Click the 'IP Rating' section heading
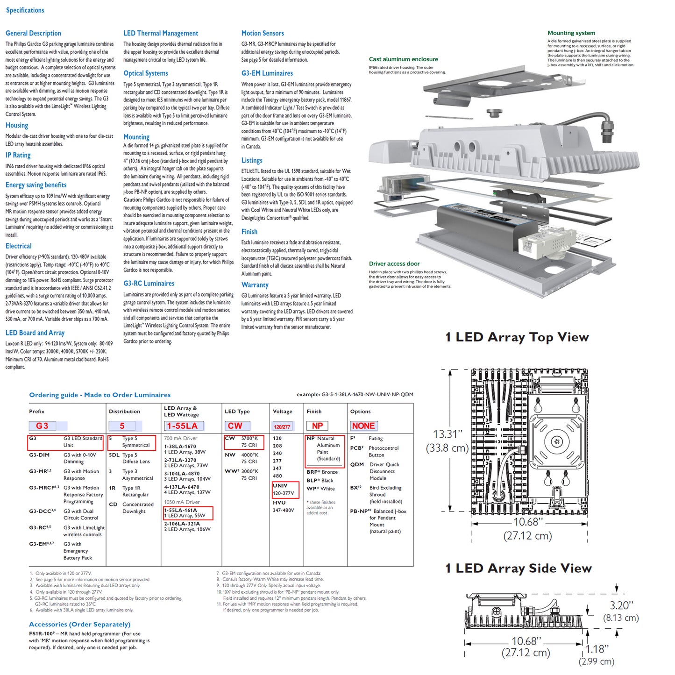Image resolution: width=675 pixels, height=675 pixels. pyautogui.click(x=18, y=155)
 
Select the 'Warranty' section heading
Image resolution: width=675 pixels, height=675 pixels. pyautogui.click(x=255, y=285)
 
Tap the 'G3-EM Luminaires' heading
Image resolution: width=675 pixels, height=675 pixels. pyautogui.click(x=267, y=73)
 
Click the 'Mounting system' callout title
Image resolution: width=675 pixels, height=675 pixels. pyautogui.click(x=571, y=33)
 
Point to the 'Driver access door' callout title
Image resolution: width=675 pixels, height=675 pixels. pyautogui.click(x=394, y=264)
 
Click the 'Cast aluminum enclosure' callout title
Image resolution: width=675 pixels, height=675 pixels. pyautogui.click(x=403, y=59)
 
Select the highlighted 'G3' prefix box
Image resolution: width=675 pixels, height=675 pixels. pyautogui.click(x=42, y=426)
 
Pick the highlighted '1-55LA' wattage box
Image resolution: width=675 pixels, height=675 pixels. pyautogui.click(x=183, y=426)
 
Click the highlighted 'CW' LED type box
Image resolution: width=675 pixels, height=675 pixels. pyautogui.click(x=235, y=426)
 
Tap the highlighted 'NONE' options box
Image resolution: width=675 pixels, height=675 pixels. pyautogui.click(x=363, y=426)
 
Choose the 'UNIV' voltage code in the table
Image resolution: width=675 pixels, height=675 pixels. pyautogui.click(x=280, y=486)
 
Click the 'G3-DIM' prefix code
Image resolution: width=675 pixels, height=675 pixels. pyautogui.click(x=39, y=455)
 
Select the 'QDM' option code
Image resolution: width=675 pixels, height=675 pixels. pyautogui.click(x=357, y=465)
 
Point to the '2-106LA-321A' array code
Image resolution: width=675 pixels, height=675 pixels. pyautogui.click(x=182, y=524)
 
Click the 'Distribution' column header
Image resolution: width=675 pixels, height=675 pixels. pyautogui.click(x=124, y=412)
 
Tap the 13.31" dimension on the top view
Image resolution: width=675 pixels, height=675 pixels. pyautogui.click(x=447, y=434)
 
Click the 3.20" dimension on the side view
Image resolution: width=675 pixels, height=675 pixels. pyautogui.click(x=621, y=606)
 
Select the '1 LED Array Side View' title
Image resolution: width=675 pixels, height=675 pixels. pyautogui.click(x=519, y=568)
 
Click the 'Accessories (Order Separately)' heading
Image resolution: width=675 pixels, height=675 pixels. pyautogui.click(x=79, y=625)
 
